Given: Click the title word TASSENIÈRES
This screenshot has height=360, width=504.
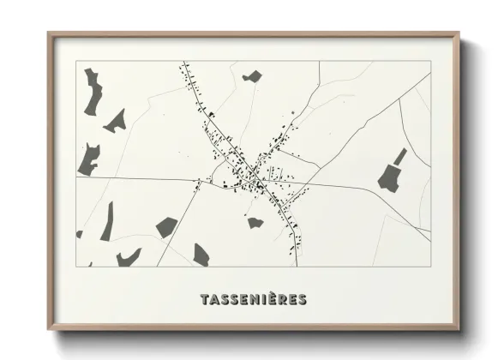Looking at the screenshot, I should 252,300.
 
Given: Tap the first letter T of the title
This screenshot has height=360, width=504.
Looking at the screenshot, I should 203,300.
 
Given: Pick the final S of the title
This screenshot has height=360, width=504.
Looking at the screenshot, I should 302,300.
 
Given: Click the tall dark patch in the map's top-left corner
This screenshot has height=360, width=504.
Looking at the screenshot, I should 92,93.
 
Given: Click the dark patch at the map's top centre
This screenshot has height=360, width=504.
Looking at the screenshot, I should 251,77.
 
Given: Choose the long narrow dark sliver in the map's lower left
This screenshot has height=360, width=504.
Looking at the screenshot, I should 107,221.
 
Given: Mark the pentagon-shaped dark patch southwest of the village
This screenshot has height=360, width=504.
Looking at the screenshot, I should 166,226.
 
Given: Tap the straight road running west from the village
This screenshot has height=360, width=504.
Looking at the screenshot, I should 137,178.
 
